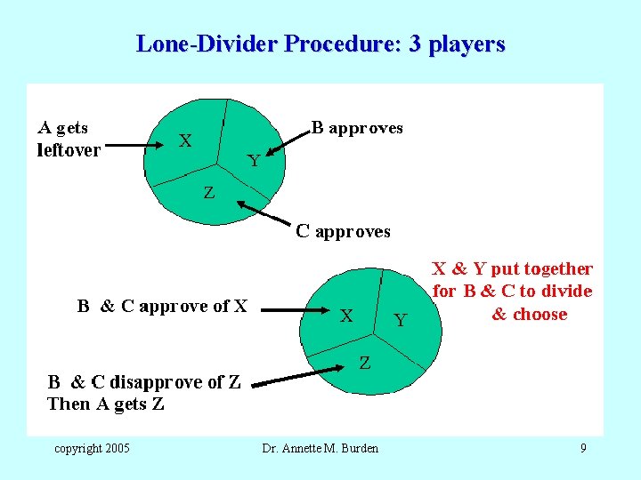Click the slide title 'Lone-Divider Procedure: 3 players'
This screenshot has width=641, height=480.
click(x=320, y=44)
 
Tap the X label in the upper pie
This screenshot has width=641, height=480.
click(x=185, y=140)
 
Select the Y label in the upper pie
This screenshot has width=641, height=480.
click(x=254, y=161)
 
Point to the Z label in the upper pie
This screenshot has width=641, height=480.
click(x=208, y=193)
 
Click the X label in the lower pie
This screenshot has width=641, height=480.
click(x=347, y=315)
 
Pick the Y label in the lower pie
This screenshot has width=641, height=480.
click(x=400, y=320)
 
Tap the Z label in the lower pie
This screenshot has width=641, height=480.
click(x=365, y=363)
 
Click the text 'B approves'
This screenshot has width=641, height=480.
click(x=357, y=128)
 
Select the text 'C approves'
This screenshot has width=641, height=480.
click(x=343, y=232)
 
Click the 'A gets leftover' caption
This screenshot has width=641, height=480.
click(x=69, y=139)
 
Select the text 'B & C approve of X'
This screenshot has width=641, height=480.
click(x=162, y=307)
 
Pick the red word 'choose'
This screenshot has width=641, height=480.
click(x=541, y=314)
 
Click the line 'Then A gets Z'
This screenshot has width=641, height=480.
click(x=106, y=404)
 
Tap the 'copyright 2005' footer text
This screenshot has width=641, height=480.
click(x=92, y=447)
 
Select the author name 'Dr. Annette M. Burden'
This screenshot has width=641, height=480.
click(x=320, y=448)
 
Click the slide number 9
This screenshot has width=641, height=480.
click(x=583, y=447)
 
